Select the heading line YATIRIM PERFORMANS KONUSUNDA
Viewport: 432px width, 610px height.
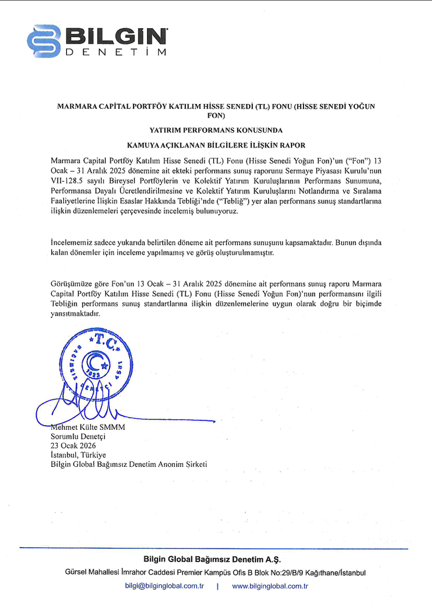coord(216,130)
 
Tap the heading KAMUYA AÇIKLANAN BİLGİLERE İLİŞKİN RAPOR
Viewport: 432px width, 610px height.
coord(216,145)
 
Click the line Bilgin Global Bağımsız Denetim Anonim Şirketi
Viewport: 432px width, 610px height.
coord(128,464)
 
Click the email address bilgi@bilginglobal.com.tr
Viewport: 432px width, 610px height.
coord(164,587)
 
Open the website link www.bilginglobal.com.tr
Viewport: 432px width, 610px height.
coord(270,587)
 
